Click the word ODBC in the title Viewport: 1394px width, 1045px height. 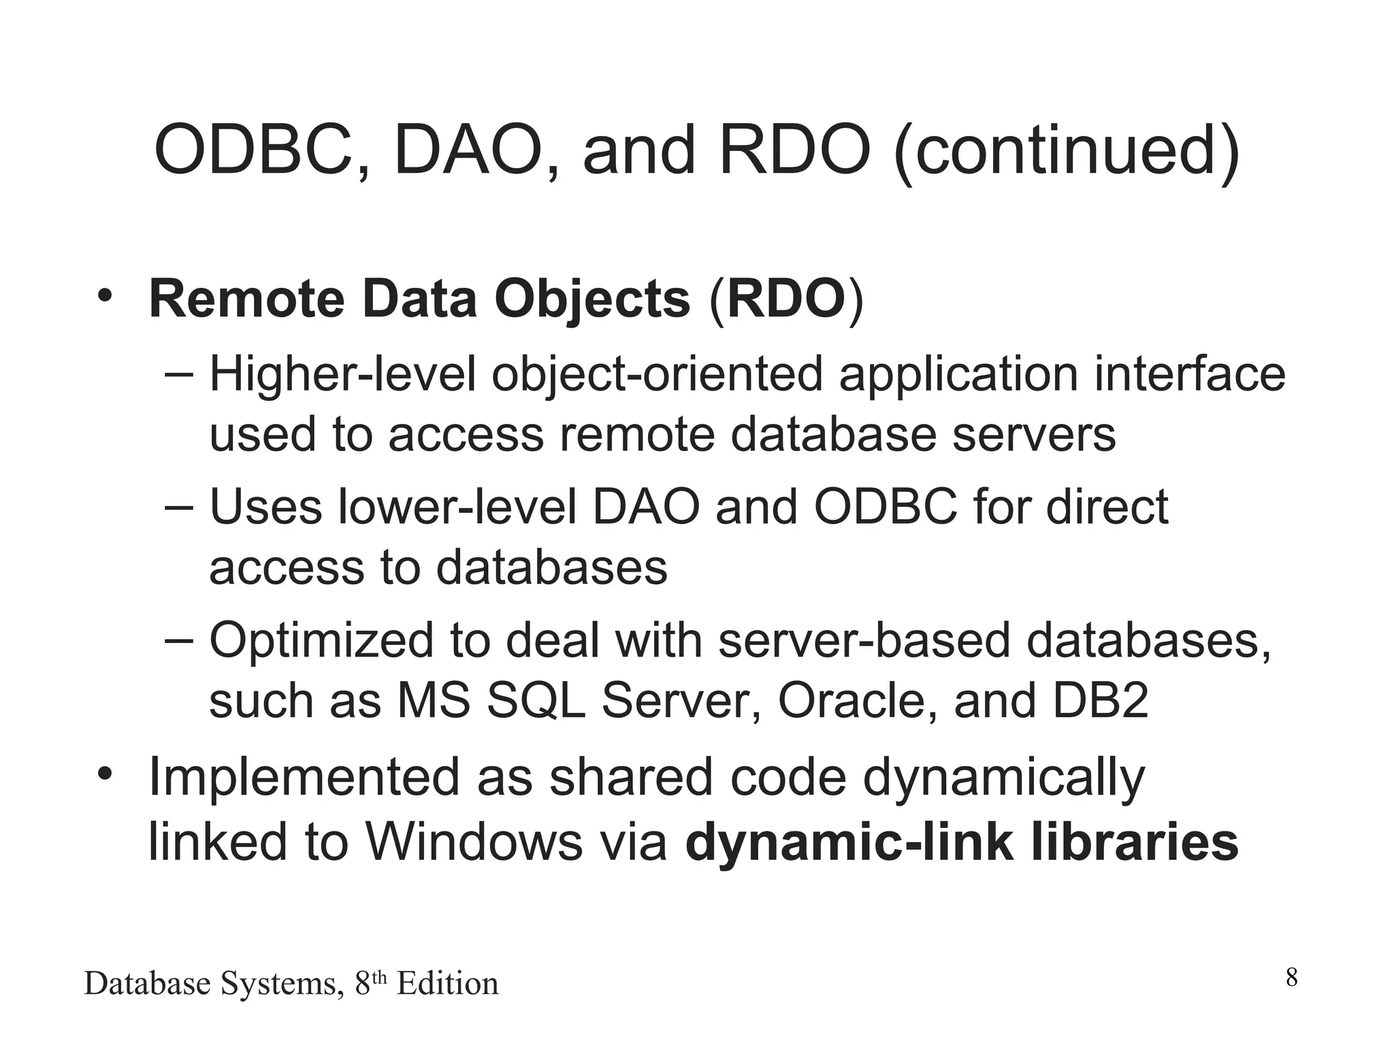tap(253, 151)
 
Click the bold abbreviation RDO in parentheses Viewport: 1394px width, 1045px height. tap(785, 299)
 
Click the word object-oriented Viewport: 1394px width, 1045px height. tap(657, 376)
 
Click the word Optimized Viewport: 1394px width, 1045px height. tap(321, 641)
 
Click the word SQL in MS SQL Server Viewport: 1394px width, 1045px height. tap(536, 701)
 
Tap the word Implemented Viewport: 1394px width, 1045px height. tap(304, 778)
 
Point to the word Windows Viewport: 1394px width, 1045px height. tap(474, 842)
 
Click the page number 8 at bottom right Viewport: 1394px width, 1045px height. tap(1291, 978)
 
